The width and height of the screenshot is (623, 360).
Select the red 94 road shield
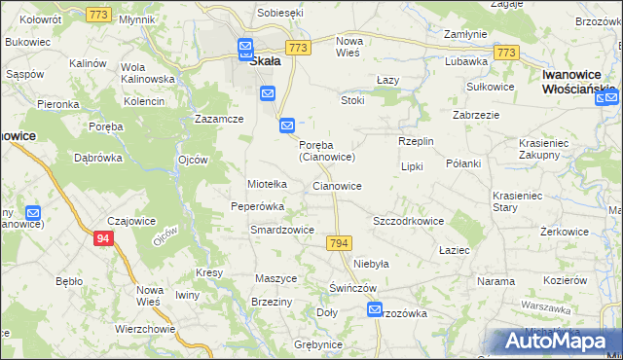(x=104, y=236)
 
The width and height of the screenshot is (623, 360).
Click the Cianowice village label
(x=337, y=186)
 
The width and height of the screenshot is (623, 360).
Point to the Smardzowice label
(x=281, y=230)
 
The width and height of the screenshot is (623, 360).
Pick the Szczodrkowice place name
(x=408, y=221)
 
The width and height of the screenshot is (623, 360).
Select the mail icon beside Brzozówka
(x=376, y=309)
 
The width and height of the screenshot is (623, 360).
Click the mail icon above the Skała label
(x=244, y=45)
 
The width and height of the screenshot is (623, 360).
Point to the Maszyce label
(x=275, y=278)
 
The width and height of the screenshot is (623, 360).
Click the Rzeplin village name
(x=416, y=141)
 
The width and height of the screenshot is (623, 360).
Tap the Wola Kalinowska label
(x=147, y=73)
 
